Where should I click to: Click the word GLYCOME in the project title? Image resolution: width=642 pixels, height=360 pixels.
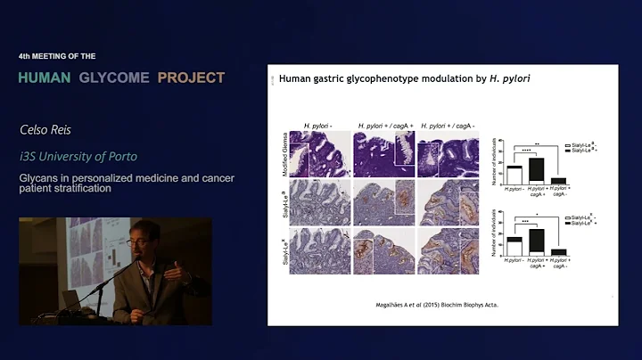tap(116, 78)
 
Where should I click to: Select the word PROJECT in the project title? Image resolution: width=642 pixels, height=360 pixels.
tap(191, 78)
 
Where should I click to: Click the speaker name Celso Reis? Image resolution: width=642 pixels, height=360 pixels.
tap(45, 129)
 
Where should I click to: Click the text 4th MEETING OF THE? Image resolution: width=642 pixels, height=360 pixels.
tap(56, 55)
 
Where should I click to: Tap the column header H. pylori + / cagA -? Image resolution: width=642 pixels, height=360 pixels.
tap(449, 125)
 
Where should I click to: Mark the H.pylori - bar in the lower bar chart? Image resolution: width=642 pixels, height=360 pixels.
tap(514, 247)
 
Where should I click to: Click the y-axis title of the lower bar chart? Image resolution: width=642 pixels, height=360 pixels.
tap(496, 235)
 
